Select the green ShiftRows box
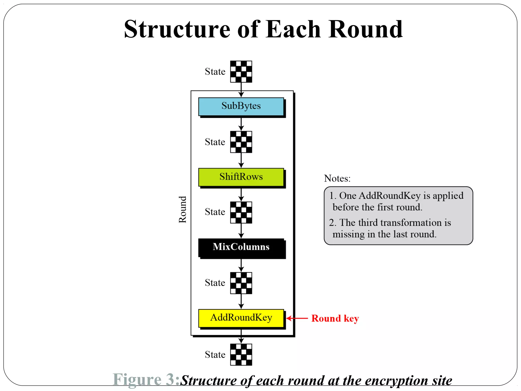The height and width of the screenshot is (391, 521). pyautogui.click(x=241, y=177)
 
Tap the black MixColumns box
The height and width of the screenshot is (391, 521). pyautogui.click(x=241, y=247)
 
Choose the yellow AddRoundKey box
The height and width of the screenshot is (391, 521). pyautogui.click(x=241, y=318)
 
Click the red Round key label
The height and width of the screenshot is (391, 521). pyautogui.click(x=335, y=318)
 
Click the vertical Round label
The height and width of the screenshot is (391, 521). pyautogui.click(x=183, y=210)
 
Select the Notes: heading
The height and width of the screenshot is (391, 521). pyautogui.click(x=337, y=178)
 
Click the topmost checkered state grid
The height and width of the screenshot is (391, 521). pyautogui.click(x=241, y=72)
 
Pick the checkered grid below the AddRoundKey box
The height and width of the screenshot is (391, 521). pyautogui.click(x=241, y=355)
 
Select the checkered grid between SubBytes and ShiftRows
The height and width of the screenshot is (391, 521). pyautogui.click(x=241, y=142)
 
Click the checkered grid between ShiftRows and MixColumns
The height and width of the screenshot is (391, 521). pyautogui.click(x=241, y=213)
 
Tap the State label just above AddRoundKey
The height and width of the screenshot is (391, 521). pyautogui.click(x=215, y=283)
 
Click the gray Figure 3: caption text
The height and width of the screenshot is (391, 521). pyautogui.click(x=147, y=380)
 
